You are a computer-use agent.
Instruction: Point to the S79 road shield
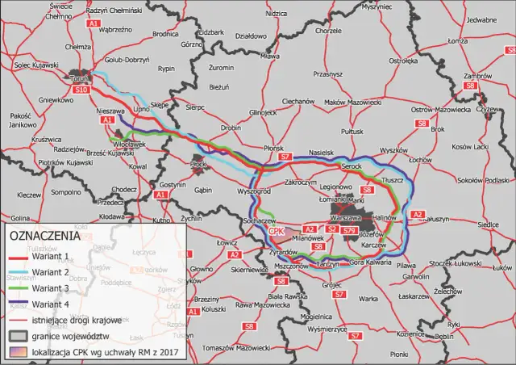tap(349, 231)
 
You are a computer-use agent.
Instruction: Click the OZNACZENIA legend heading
tap(45, 236)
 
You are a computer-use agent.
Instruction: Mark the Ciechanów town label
tap(298, 102)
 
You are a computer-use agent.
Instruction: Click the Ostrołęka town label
tap(402, 60)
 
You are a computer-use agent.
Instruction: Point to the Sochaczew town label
tap(260, 220)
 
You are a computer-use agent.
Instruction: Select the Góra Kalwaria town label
tap(368, 262)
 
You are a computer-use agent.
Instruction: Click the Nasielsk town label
tap(320, 151)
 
